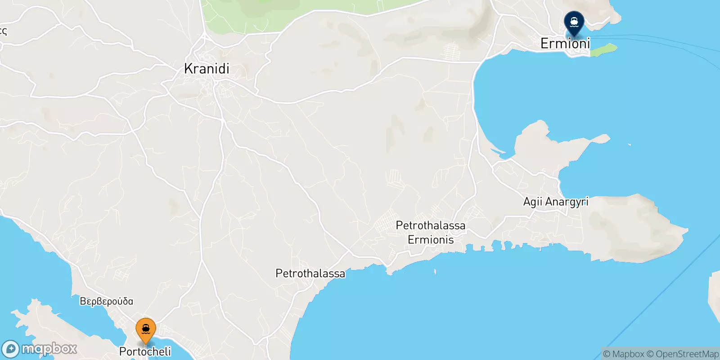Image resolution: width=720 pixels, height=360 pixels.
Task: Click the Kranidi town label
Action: point(207,69)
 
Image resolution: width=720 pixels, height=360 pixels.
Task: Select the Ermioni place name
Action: point(565,44)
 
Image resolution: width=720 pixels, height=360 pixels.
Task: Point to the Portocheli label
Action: point(145,351)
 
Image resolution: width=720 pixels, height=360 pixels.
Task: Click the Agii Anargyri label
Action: point(556,202)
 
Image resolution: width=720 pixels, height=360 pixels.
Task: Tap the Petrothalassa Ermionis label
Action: point(431,232)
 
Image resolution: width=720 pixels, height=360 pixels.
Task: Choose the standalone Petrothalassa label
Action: point(310,273)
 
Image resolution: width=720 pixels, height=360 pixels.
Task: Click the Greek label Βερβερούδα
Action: point(107,301)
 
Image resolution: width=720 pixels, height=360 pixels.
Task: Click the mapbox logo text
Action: point(49,349)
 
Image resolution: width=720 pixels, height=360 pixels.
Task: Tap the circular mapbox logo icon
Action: point(10,349)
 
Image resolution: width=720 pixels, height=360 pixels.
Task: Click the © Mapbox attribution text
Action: point(623,354)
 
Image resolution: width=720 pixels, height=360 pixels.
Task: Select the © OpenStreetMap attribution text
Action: point(683,354)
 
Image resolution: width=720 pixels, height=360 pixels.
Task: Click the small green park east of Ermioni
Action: point(603,50)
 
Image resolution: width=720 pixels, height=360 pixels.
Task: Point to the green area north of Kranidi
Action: point(288,13)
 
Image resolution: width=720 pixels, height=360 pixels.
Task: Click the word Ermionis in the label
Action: point(431,239)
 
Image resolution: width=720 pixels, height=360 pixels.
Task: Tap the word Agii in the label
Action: point(533,202)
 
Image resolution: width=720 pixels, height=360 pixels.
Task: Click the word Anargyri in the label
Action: point(567,202)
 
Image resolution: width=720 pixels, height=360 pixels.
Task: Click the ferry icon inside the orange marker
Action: point(146,329)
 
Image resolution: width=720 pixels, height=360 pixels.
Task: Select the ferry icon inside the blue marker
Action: point(574,21)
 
